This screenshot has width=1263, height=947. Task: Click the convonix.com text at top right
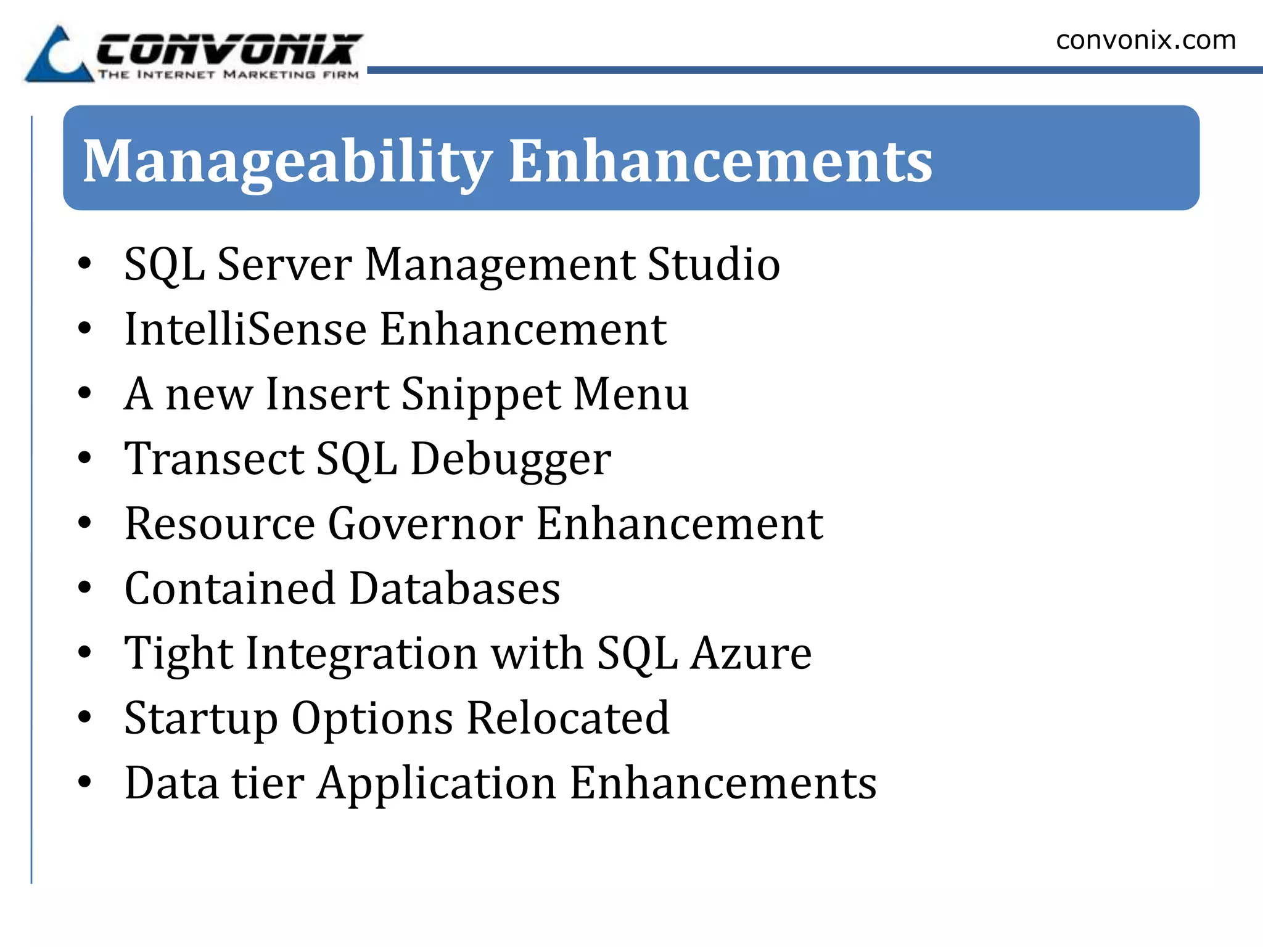coord(1146,41)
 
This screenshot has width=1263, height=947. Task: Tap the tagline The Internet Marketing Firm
coord(228,75)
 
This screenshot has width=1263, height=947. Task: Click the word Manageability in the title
coord(287,162)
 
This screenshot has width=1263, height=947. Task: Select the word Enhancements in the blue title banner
coord(720,162)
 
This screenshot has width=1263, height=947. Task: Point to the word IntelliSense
coord(245,329)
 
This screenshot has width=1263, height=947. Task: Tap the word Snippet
coord(481,395)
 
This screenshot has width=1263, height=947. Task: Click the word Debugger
coord(511,460)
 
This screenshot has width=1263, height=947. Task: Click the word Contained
coord(230,589)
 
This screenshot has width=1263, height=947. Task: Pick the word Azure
coord(751,654)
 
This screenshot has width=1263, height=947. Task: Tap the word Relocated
coord(567,718)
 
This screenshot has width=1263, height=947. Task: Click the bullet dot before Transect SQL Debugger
coord(85,458)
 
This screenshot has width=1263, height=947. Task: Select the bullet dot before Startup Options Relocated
coord(85,717)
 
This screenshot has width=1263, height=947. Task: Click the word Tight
coord(178,654)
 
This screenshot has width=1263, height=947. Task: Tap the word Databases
coord(455,589)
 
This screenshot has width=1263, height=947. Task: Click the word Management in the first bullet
coord(500,264)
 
